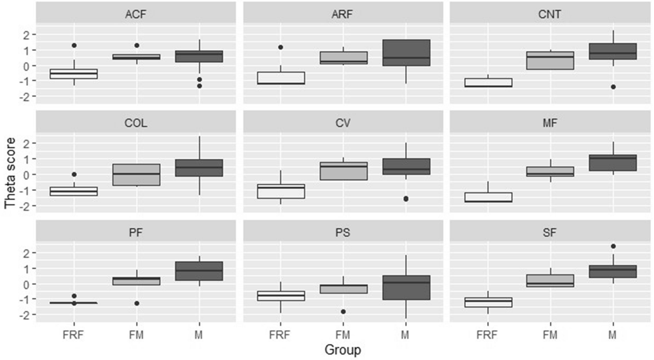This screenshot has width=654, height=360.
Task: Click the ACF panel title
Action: click(x=136, y=14)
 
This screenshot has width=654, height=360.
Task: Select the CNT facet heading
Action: click(x=549, y=14)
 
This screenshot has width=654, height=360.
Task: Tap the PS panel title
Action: click(x=343, y=233)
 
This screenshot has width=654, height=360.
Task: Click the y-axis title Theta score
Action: click(x=10, y=173)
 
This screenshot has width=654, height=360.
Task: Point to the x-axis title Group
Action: click(x=342, y=350)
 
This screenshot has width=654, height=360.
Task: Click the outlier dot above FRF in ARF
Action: click(x=281, y=47)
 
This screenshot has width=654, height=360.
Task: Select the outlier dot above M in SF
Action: click(x=613, y=246)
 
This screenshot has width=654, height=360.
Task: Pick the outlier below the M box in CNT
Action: click(x=613, y=87)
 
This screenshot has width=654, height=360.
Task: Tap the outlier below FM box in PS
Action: click(x=343, y=312)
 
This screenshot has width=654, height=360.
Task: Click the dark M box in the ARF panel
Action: click(x=406, y=52)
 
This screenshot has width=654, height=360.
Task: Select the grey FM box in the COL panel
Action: click(x=136, y=175)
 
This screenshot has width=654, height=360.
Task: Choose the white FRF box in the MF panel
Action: click(x=488, y=197)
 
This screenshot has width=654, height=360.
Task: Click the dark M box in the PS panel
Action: click(x=406, y=288)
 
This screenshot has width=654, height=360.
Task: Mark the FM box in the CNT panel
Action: click(x=550, y=61)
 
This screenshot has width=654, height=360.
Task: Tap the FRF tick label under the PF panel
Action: click(x=73, y=335)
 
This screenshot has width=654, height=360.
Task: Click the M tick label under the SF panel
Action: click(x=612, y=335)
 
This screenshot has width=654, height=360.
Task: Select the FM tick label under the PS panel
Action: click(x=343, y=335)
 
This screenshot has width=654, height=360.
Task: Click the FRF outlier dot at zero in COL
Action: click(x=74, y=174)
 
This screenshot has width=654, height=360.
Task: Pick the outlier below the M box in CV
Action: click(x=406, y=199)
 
